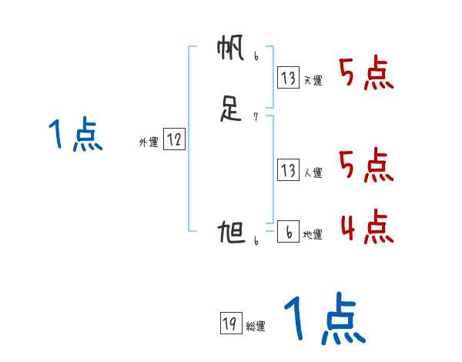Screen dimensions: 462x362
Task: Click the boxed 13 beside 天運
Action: coord(289,77)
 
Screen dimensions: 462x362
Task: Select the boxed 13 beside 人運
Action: coord(289,170)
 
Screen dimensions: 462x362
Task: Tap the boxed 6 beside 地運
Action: coord(289,232)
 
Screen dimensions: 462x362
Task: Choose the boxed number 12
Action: coord(174,139)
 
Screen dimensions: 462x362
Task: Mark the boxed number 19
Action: coord(229,323)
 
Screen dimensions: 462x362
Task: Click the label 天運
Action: coord(313,80)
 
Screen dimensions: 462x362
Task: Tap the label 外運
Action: coord(148,142)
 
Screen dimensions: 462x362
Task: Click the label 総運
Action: coord(255,327)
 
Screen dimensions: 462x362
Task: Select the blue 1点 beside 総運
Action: coord(323,320)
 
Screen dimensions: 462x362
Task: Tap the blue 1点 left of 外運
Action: coord(75,136)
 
